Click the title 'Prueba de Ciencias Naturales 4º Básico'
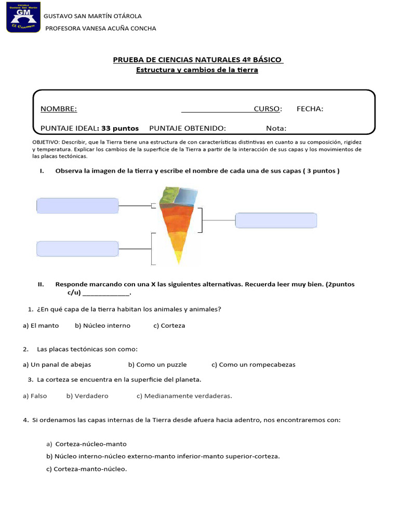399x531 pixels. [x=198, y=60]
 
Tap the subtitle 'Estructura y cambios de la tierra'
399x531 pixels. [x=197, y=70]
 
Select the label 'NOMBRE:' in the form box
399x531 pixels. [x=59, y=109]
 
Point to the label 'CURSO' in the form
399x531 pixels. [x=267, y=109]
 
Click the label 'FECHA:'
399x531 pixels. [x=310, y=109]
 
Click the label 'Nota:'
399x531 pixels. [x=276, y=128]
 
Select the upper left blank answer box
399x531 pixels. [x=78, y=206]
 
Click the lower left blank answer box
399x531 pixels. [x=78, y=248]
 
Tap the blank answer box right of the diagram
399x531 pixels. [x=276, y=220]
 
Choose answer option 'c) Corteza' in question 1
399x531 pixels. [x=169, y=326]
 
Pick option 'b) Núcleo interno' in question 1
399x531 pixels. [x=102, y=326]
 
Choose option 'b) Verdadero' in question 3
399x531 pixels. [x=87, y=396]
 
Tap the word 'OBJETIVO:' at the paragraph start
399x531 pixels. [x=46, y=142]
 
